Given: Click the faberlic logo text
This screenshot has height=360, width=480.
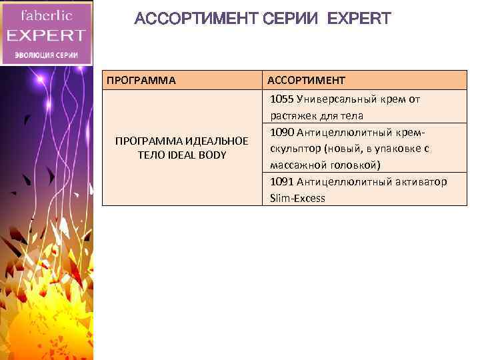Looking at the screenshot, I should [47, 14].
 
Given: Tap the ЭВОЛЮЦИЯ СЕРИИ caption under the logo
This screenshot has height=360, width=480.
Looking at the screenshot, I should [47, 55].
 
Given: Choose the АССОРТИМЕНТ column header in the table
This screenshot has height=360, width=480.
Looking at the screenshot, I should [306, 81].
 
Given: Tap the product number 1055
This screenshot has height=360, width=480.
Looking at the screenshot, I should [281, 99].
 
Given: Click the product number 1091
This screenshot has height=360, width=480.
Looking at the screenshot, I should [281, 181].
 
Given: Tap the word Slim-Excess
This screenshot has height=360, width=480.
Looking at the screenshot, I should [297, 198].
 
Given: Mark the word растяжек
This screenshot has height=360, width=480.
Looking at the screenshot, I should [293, 115].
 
